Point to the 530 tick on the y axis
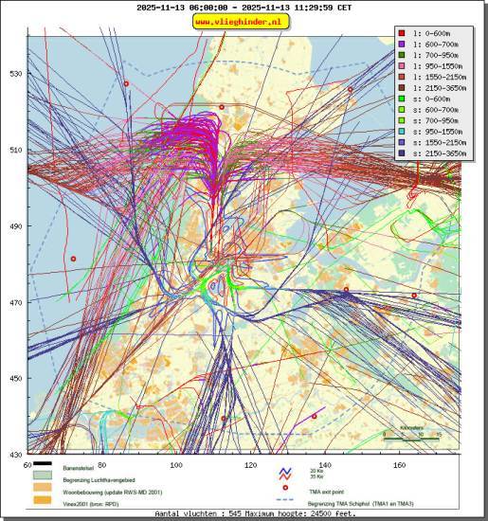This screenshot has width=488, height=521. pos(15,74)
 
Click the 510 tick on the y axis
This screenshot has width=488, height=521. pos(15,150)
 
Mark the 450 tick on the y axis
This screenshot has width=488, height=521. pos(15,379)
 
